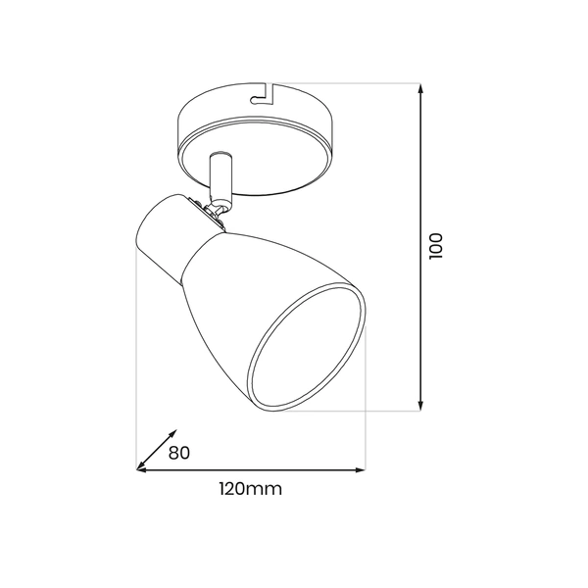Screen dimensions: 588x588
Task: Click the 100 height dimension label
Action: (x=436, y=246)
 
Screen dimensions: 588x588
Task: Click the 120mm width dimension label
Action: (x=251, y=489)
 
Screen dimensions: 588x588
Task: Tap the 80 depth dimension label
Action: (x=179, y=453)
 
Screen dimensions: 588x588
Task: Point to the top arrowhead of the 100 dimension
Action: (x=420, y=88)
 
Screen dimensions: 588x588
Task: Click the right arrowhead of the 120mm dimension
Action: (x=360, y=469)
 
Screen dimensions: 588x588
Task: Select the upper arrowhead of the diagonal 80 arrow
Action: (x=172, y=434)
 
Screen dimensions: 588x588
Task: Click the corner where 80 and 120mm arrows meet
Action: (x=136, y=469)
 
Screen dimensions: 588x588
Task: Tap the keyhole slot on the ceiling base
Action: (x=262, y=94)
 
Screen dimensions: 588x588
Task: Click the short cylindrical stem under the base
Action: (x=220, y=176)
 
